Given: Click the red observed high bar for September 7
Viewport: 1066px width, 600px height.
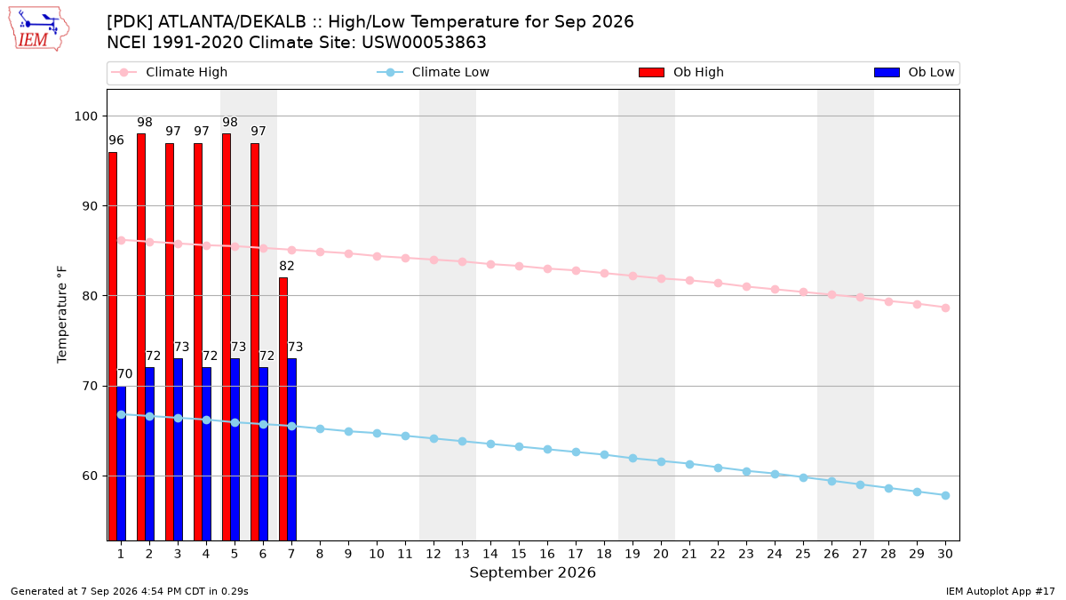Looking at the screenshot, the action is tap(283, 409).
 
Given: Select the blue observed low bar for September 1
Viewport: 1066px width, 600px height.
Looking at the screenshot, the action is tap(122, 463).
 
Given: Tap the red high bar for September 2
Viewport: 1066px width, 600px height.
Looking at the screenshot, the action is tap(141, 337).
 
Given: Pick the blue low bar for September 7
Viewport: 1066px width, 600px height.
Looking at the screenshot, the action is tap(291, 450).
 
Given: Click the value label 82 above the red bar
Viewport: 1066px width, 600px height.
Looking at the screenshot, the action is tap(287, 266).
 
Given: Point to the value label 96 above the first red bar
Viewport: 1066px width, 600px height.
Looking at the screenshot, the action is tap(116, 140).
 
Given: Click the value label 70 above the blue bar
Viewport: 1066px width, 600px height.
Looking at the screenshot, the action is tap(124, 374).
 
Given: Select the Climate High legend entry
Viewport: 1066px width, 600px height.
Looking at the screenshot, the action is tap(170, 72).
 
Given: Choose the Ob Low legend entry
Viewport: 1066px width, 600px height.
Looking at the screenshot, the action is tap(914, 72).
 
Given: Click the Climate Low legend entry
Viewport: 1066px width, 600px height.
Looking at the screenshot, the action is tap(434, 72).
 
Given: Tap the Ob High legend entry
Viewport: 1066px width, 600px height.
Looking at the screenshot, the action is tap(681, 72).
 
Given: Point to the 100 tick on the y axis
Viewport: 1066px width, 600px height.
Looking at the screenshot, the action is tap(85, 116).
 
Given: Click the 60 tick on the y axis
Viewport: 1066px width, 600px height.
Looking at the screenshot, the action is tap(91, 476).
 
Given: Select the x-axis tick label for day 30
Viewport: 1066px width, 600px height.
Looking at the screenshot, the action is tap(945, 554).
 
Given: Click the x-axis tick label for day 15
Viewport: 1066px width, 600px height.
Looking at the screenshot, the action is tap(519, 554).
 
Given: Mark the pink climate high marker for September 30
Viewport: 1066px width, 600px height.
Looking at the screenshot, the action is tap(945, 308).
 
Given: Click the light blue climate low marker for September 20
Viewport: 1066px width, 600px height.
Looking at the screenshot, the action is tap(661, 462).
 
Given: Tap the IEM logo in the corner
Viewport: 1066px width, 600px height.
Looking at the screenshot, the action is tap(38, 29).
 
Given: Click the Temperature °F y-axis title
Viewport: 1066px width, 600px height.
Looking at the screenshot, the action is tap(62, 315).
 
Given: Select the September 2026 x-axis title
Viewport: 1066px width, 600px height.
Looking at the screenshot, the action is tap(532, 572).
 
